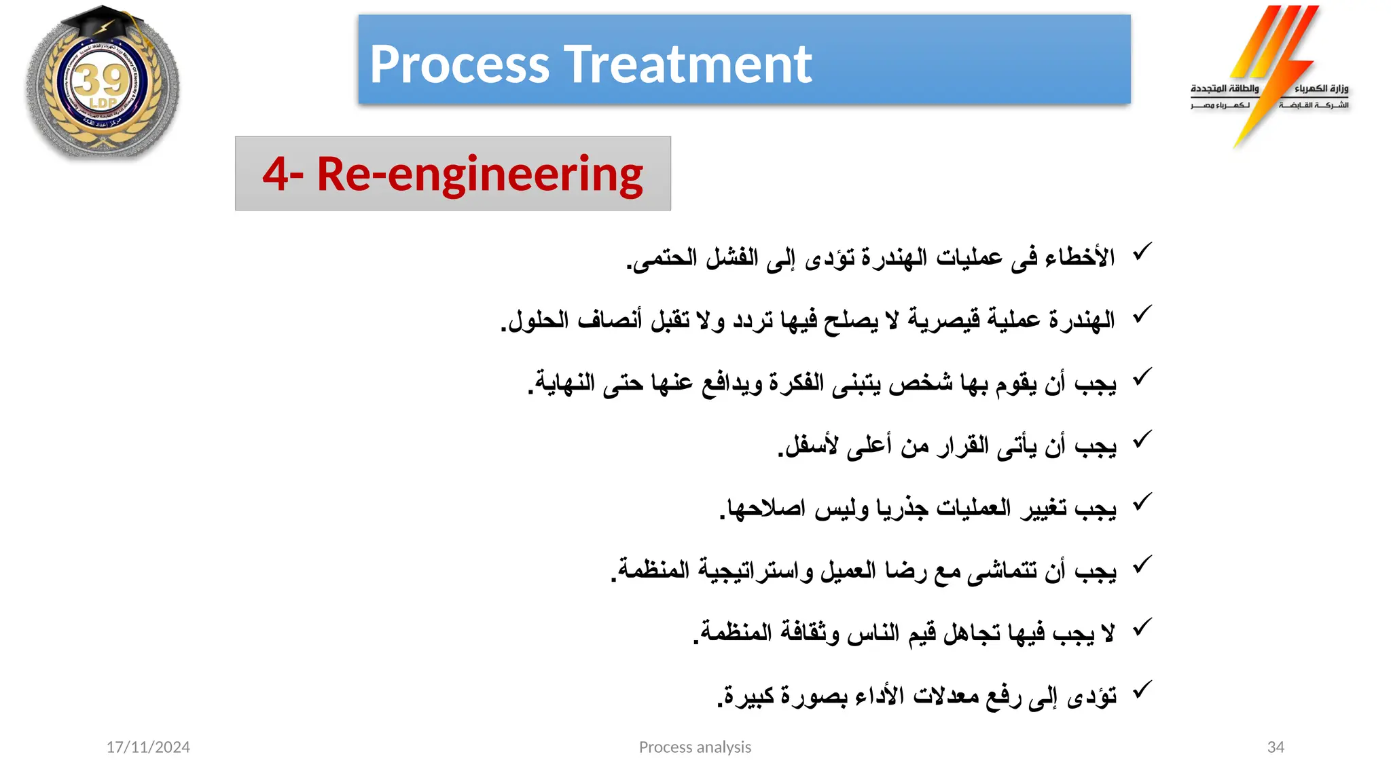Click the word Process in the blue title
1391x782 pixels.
(459, 64)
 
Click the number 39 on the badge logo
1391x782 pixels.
(101, 81)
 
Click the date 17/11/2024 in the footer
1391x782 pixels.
(148, 747)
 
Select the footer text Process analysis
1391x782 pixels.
(695, 747)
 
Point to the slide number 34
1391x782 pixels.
(1276, 747)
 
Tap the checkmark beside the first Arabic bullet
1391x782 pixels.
(1142, 252)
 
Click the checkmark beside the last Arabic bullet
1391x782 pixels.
(1142, 690)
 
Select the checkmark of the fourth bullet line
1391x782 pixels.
(1142, 440)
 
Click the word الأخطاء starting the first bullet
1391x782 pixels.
(1080, 257)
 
